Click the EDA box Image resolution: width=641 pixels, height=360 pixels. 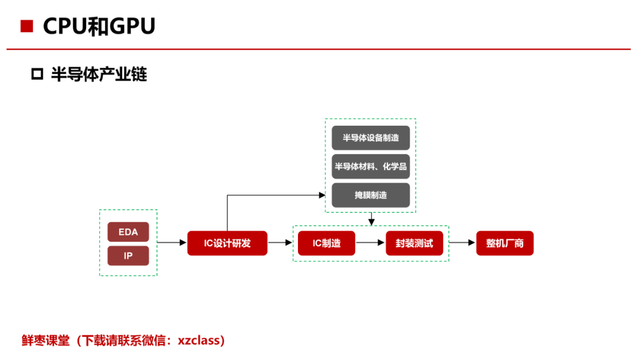pyautogui.click(x=128, y=232)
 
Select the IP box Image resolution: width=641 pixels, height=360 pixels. pyautogui.click(x=128, y=256)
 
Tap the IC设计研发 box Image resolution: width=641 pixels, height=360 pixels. pyautogui.click(x=227, y=243)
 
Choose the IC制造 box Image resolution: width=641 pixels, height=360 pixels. pyautogui.click(x=326, y=243)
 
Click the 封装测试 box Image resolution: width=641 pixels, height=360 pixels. pyautogui.click(x=414, y=243)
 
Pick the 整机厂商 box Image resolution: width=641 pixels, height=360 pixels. pyautogui.click(x=505, y=243)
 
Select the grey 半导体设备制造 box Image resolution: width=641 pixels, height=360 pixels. pyautogui.click(x=371, y=138)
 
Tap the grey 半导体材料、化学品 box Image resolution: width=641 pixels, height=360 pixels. pyautogui.click(x=371, y=166)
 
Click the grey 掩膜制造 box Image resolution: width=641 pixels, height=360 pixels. pyautogui.click(x=371, y=195)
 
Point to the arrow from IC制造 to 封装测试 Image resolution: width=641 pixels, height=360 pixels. pyautogui.click(x=370, y=243)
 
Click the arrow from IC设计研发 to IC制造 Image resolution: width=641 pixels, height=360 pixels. pyautogui.click(x=280, y=243)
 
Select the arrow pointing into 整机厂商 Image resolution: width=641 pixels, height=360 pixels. pyautogui.click(x=462, y=243)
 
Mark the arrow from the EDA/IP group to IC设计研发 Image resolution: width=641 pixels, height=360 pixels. pyautogui.click(x=172, y=243)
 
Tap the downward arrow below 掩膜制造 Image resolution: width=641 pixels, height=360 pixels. pyautogui.click(x=371, y=219)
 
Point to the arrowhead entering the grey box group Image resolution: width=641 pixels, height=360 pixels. pyautogui.click(x=322, y=195)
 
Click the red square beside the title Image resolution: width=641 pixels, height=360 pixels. pyautogui.click(x=27, y=26)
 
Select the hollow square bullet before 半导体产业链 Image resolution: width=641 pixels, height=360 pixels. pyautogui.click(x=37, y=74)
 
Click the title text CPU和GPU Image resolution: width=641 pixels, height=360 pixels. pyautogui.click(x=99, y=26)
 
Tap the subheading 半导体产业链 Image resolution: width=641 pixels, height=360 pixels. pyautogui.click(x=99, y=74)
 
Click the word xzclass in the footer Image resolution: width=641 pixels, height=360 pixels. pyautogui.click(x=198, y=340)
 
